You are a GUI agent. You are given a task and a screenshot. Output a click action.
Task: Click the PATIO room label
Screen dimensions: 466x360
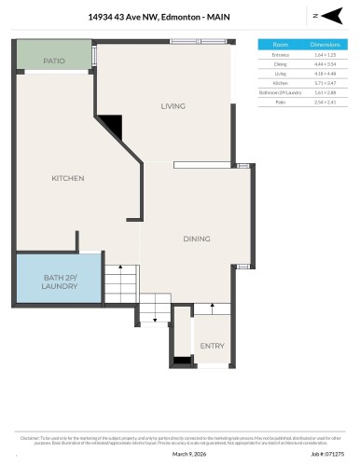pyautogui.click(x=53, y=61)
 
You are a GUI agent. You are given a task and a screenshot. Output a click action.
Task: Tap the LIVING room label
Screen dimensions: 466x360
pyautogui.click(x=173, y=105)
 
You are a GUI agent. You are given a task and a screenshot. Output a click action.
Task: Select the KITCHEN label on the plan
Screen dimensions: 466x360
pyautogui.click(x=67, y=178)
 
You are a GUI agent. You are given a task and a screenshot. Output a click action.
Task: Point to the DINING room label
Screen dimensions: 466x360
pyautogui.click(x=196, y=240)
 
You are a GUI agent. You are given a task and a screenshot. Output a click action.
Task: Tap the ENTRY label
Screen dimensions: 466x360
pyautogui.click(x=212, y=346)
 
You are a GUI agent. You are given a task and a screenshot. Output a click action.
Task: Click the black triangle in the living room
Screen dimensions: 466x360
pyautogui.click(x=113, y=125)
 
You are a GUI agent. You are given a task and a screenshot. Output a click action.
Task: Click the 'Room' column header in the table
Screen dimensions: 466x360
pyautogui.click(x=280, y=44)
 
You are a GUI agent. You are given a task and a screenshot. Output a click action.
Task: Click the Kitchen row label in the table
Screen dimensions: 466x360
pyautogui.click(x=280, y=83)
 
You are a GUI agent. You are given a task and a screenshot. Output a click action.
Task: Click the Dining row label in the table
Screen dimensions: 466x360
pyautogui.click(x=280, y=64)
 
